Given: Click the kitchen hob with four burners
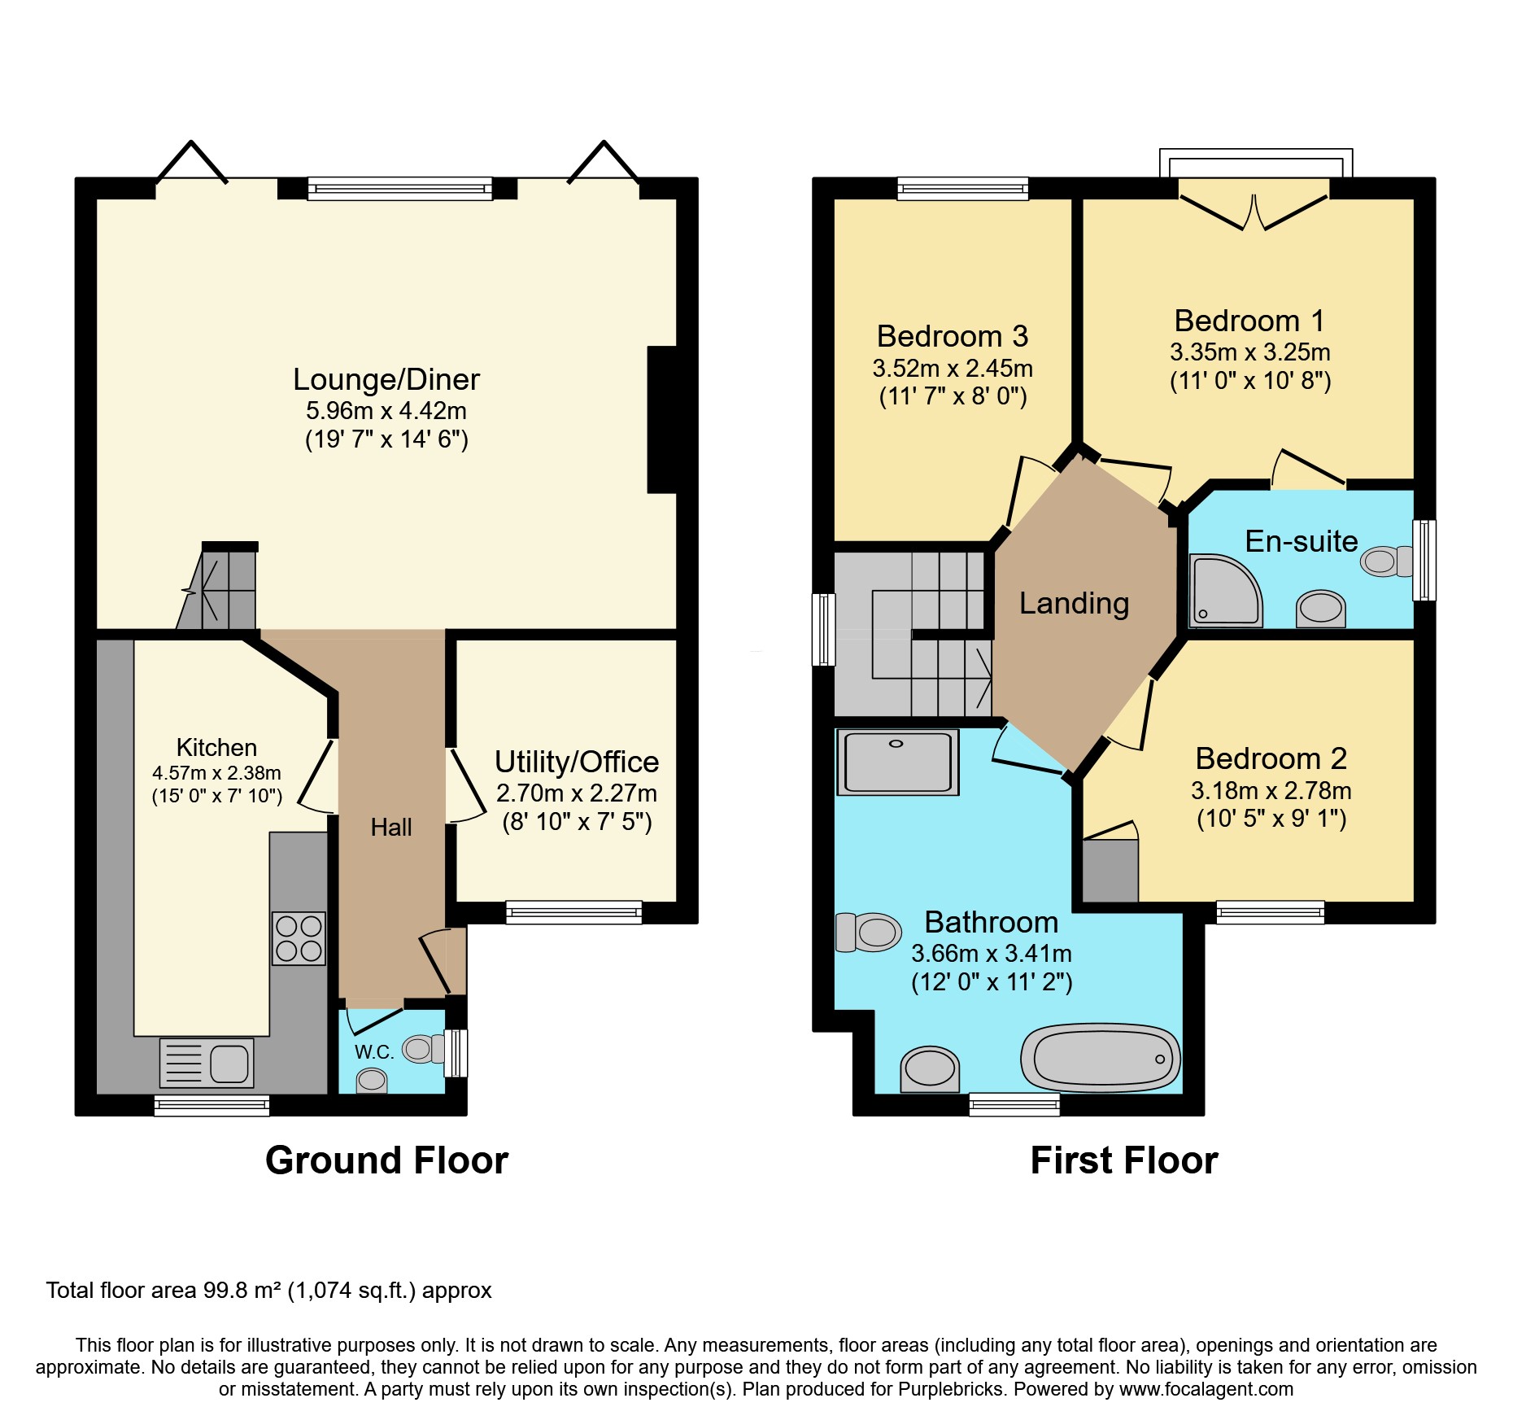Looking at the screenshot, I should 299,938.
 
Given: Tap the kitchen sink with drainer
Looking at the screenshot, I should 207,1063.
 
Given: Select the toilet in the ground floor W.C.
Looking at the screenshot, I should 421,1049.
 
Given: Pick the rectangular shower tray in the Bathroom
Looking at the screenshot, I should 897,762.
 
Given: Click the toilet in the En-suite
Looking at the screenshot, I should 1384,561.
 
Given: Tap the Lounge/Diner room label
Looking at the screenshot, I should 386,380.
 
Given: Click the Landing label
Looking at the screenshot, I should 1074,603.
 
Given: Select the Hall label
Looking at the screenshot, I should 391,828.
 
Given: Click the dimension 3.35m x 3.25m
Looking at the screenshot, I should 1250,352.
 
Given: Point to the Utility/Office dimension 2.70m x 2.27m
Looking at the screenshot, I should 577,793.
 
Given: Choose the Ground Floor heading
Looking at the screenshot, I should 386,1160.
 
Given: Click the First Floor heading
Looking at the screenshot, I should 1124,1160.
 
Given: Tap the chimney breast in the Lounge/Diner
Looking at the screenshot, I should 662,420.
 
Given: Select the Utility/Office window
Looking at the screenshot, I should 573,912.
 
